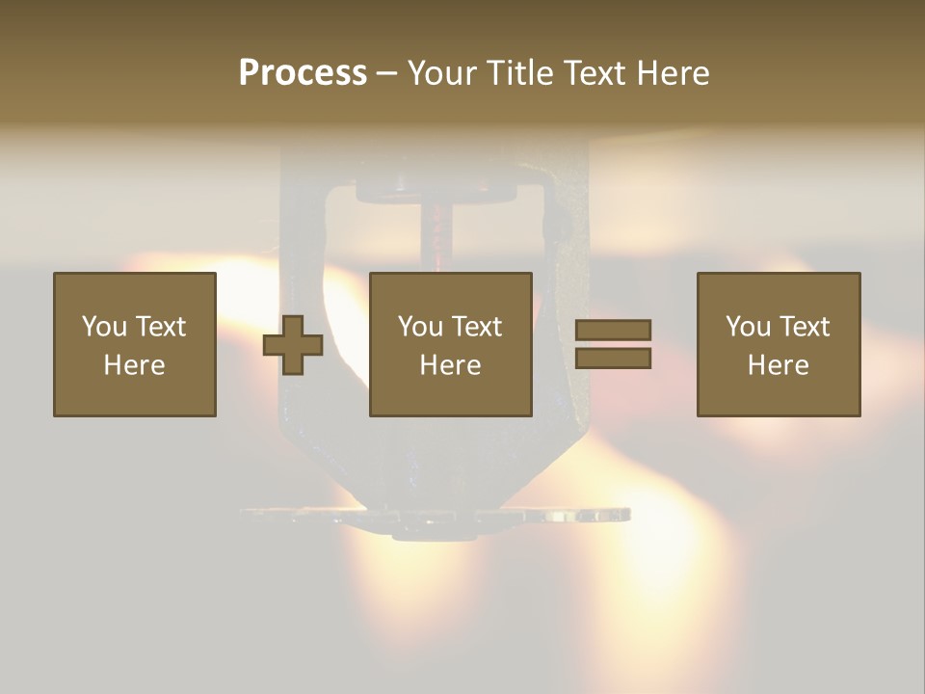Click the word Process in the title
coord(303,73)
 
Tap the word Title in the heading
coord(519,73)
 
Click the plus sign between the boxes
coord(293,345)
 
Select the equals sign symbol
coord(613,344)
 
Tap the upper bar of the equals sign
coord(613,331)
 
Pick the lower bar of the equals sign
coord(613,358)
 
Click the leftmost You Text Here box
coord(135,344)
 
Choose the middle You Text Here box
coord(450,344)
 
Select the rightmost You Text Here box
coord(778,344)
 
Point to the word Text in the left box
coord(160,327)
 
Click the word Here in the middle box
coord(450,365)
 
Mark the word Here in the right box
coord(778,365)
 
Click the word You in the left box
coord(104,327)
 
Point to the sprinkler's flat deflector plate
coord(434,518)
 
